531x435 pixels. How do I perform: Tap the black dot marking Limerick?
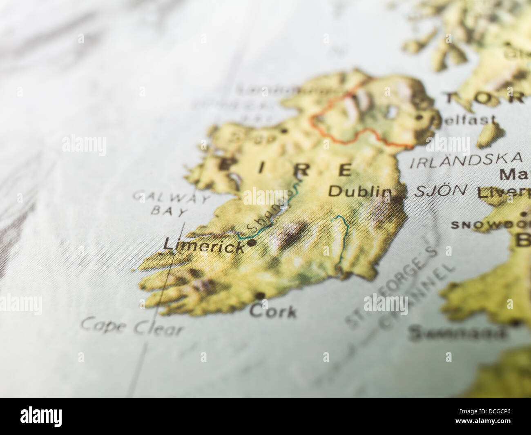[252, 243]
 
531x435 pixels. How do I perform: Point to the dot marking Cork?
[260, 295]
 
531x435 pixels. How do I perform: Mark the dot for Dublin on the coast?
[397, 200]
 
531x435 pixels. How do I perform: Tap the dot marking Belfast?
[419, 118]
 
